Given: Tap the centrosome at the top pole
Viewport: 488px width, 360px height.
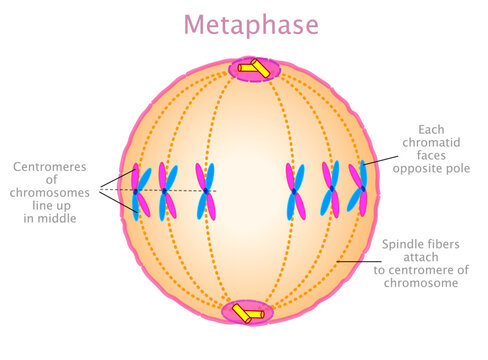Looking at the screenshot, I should click(257, 68).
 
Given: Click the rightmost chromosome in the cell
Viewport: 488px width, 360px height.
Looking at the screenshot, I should click(358, 190).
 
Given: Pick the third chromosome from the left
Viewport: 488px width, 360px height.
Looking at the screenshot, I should click(204, 190).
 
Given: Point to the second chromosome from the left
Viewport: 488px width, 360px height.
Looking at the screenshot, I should click(168, 190).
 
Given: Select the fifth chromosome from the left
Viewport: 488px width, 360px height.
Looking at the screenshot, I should click(329, 190).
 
